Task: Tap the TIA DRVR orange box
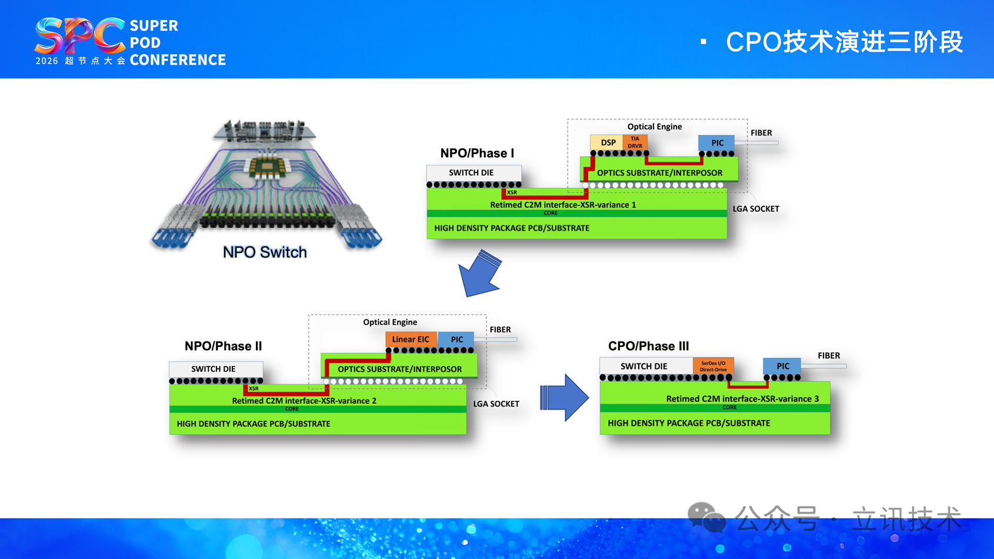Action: point(635,142)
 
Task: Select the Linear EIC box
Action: point(411,340)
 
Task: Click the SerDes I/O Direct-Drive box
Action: point(713,366)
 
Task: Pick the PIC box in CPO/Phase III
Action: point(782,366)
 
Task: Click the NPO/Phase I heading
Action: point(477,154)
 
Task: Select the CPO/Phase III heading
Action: point(648,346)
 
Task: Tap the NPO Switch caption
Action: point(265,252)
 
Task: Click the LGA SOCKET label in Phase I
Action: point(756,209)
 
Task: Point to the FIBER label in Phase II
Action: point(500,330)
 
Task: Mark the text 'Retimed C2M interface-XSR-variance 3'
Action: point(742,399)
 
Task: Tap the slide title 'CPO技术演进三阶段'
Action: point(844,42)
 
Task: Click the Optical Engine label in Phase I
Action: point(655,127)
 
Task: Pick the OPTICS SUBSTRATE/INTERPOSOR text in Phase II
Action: point(399,369)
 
